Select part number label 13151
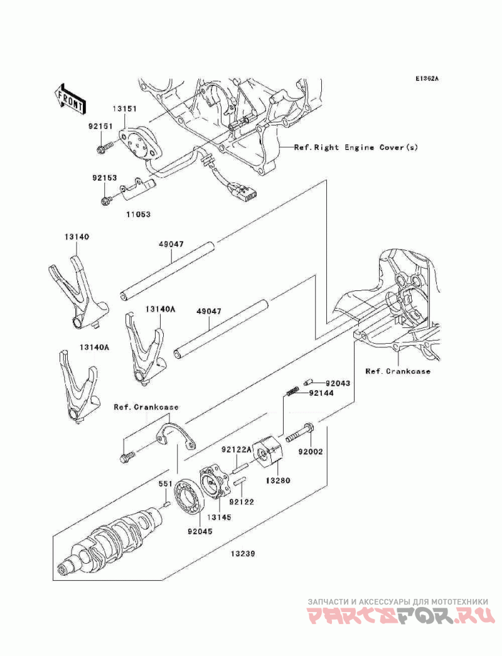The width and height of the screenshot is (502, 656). coord(124,108)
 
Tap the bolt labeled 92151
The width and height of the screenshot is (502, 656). coord(105,146)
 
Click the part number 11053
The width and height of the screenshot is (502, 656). coord(138,214)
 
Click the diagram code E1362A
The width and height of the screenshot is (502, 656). coord(427,78)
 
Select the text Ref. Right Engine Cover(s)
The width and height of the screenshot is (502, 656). coord(356,147)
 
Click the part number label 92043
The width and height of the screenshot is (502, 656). coord(338,383)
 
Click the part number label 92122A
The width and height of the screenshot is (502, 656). coord(236,450)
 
